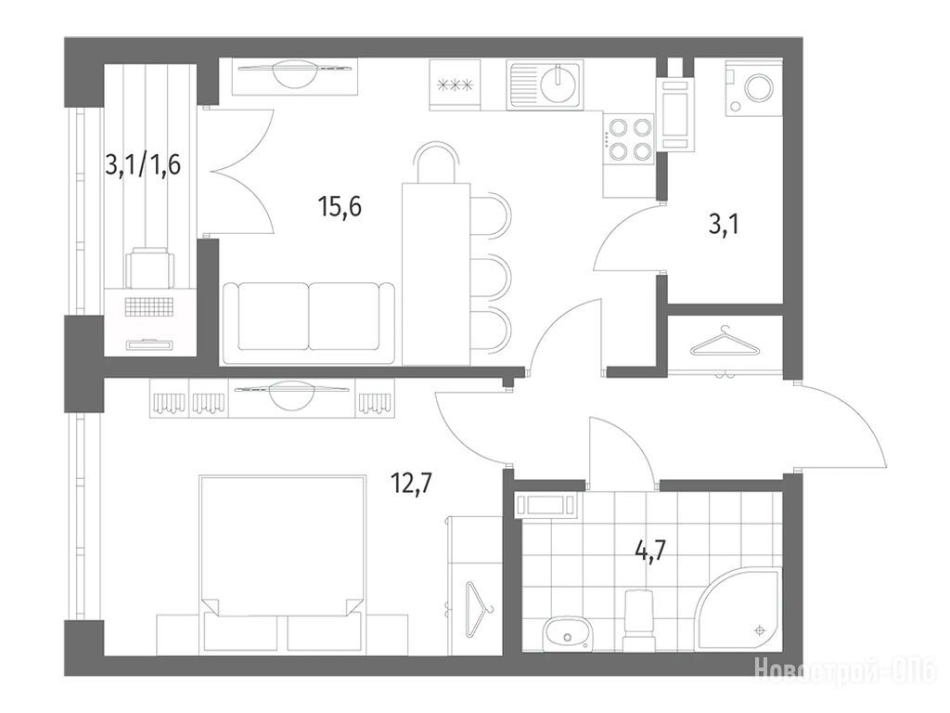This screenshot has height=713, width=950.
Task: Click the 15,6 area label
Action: (340, 208)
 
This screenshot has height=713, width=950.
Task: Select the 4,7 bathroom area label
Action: (649, 552)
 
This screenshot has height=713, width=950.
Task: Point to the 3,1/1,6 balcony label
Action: (143, 164)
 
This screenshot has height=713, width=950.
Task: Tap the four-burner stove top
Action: (629, 139)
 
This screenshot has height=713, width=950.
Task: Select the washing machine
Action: (753, 87)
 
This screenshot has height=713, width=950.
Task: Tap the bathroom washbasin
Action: (567, 634)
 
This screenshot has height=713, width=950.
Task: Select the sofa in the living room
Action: (309, 323)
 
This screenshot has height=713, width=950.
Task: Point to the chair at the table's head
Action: (436, 162)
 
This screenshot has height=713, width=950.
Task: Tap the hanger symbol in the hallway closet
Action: (725, 343)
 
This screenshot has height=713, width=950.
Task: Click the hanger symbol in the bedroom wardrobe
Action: (480, 609)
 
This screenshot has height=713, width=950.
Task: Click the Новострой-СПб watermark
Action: (846, 669)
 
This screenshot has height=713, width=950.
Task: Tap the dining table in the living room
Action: (436, 274)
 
